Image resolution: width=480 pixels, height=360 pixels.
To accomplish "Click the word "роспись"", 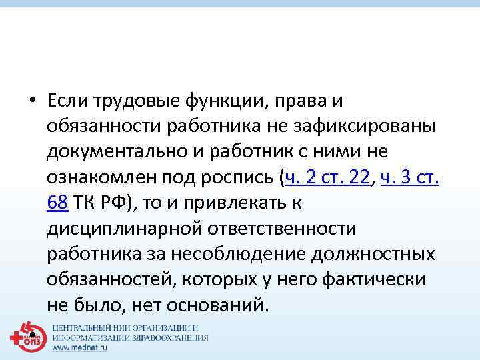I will (239, 177).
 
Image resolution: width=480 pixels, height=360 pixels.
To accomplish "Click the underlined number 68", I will (57, 203).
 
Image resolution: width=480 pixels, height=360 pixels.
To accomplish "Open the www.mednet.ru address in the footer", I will (79, 347).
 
